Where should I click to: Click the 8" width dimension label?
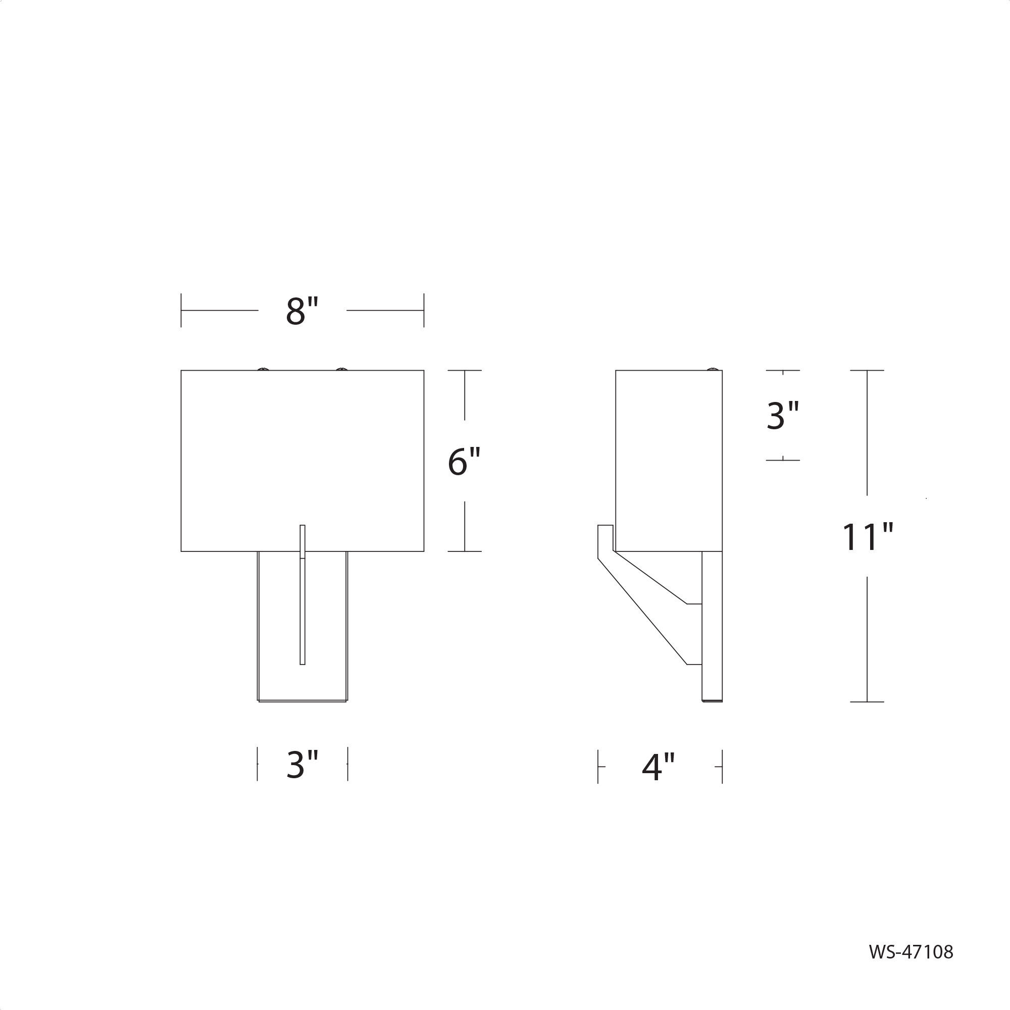tap(302, 311)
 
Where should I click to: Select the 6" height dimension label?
tap(464, 462)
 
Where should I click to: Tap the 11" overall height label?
tap(867, 537)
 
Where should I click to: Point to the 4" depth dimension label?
tap(659, 768)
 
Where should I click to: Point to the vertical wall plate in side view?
tap(712, 627)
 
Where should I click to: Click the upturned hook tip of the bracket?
tap(605, 528)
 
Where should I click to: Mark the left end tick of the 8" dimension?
tap(181, 311)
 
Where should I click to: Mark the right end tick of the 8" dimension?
tap(424, 311)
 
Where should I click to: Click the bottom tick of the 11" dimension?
tap(867, 701)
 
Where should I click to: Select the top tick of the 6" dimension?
tap(464, 371)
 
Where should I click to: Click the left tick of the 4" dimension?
tap(598, 767)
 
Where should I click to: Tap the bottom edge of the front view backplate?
tap(302, 701)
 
